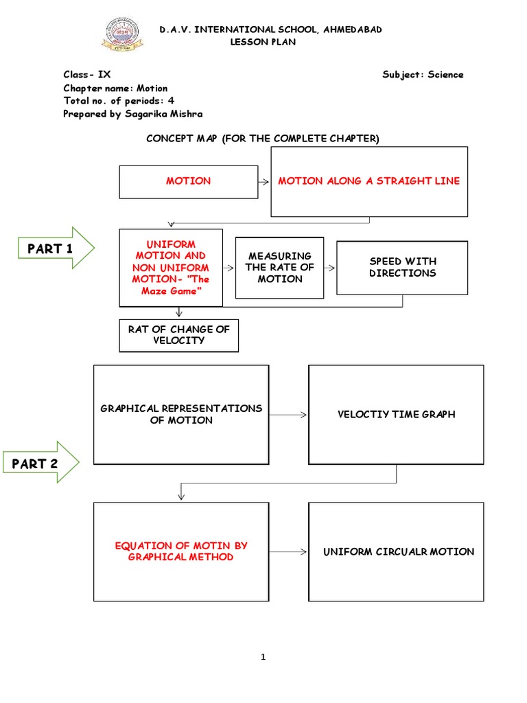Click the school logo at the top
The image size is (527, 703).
124,36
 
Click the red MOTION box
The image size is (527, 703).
188,181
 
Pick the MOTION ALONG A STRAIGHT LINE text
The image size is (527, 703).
368,181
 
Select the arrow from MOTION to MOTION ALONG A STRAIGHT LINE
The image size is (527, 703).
263,182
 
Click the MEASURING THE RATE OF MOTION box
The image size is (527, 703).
279,268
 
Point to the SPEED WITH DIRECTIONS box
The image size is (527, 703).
402,267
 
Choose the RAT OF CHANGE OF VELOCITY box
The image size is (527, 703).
178,335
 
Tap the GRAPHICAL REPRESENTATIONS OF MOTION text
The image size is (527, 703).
181,414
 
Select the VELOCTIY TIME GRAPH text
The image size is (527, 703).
396,415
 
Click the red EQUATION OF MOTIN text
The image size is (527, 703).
181,546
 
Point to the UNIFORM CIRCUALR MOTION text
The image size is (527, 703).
399,552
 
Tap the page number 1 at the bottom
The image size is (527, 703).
263,657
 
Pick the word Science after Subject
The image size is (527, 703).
445,75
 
